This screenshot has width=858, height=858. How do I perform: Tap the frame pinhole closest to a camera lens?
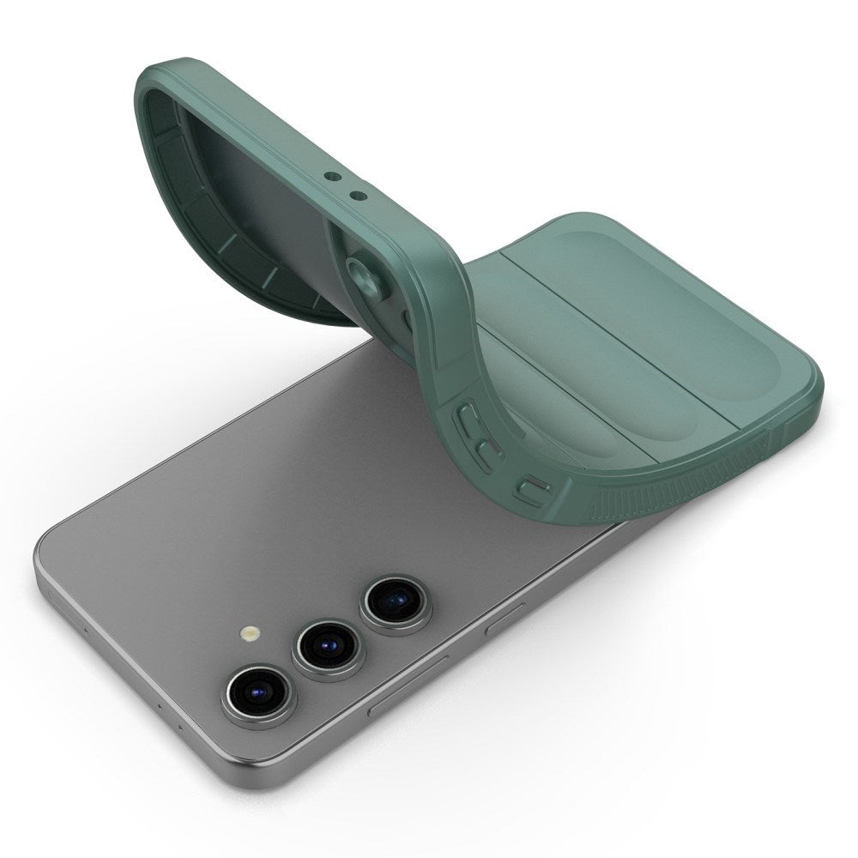181,727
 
